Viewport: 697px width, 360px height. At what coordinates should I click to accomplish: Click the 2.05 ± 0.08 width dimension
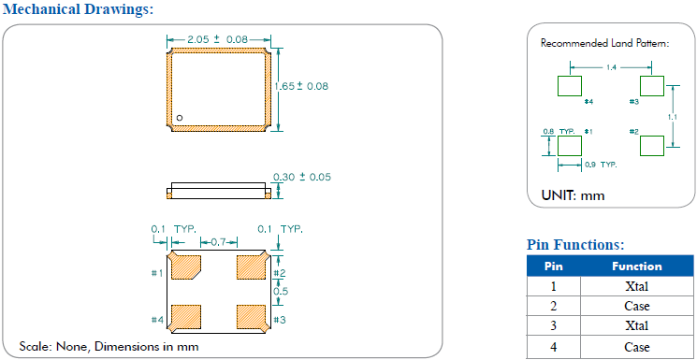coord(217,39)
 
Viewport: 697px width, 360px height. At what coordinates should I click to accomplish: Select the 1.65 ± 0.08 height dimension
coord(301,86)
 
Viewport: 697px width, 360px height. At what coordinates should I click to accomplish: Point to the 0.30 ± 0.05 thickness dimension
coord(302,177)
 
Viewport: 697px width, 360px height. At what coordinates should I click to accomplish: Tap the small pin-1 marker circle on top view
coord(180,118)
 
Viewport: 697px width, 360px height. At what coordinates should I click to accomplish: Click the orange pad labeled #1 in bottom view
coord(186,266)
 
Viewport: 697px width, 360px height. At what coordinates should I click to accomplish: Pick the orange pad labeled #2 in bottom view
coord(252,266)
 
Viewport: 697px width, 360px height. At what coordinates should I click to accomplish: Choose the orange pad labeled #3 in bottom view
coord(252,318)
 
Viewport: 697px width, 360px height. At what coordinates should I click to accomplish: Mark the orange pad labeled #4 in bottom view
coord(186,318)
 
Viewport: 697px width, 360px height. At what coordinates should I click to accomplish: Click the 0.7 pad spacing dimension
coord(219,242)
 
